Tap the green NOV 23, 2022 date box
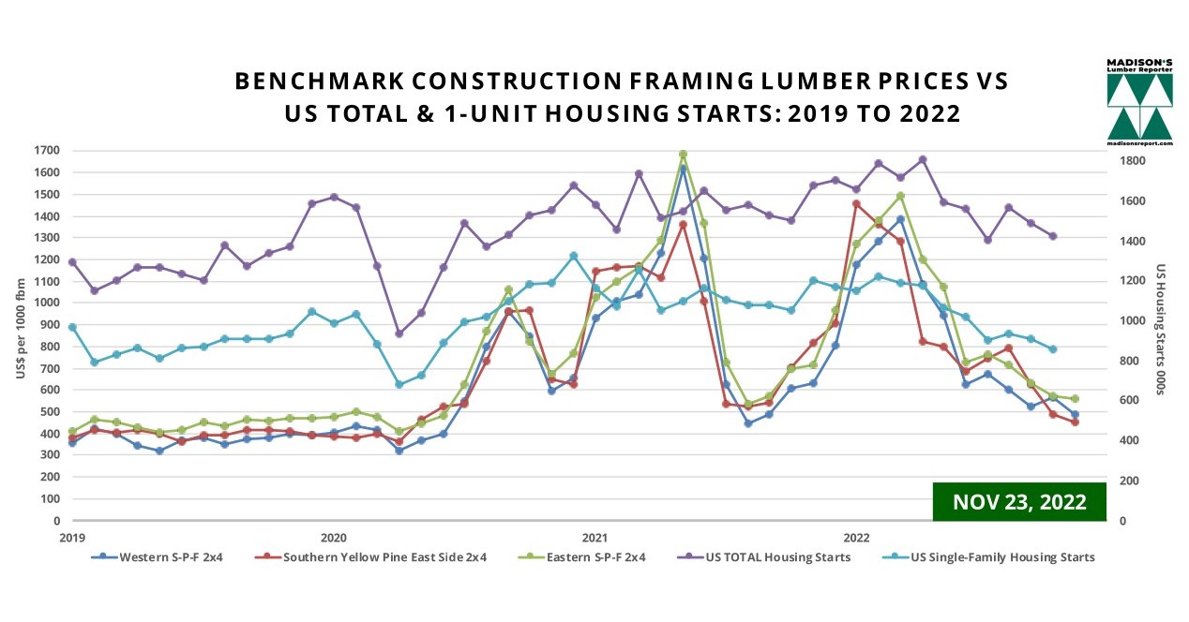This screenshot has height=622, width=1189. point(1018,501)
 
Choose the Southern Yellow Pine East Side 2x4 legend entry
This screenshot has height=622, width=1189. point(371,557)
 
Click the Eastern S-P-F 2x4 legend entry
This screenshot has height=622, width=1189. point(581,557)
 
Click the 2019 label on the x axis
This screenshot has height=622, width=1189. point(72,538)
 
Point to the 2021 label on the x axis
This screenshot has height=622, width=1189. point(594,538)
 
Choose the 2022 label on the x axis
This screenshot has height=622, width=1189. point(856,538)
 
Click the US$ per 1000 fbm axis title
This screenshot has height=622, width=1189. point(21,335)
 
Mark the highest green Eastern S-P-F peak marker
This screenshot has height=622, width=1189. point(683,155)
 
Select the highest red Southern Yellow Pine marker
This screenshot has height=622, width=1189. point(856,203)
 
